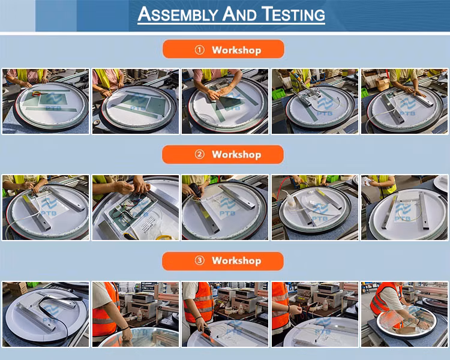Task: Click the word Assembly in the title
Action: tap(178, 14)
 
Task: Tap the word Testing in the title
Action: tap(293, 14)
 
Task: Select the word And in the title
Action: tap(239, 14)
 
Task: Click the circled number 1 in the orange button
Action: tap(200, 50)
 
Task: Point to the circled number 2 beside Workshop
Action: tap(199, 154)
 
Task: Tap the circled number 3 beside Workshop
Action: tap(199, 260)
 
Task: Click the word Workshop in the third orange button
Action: tap(236, 260)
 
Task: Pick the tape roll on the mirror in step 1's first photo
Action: tap(37, 94)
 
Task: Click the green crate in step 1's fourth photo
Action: tap(278, 94)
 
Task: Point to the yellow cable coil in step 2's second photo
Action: tap(164, 237)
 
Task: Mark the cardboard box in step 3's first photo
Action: tap(18, 288)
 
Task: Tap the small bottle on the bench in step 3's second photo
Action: tap(139, 314)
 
